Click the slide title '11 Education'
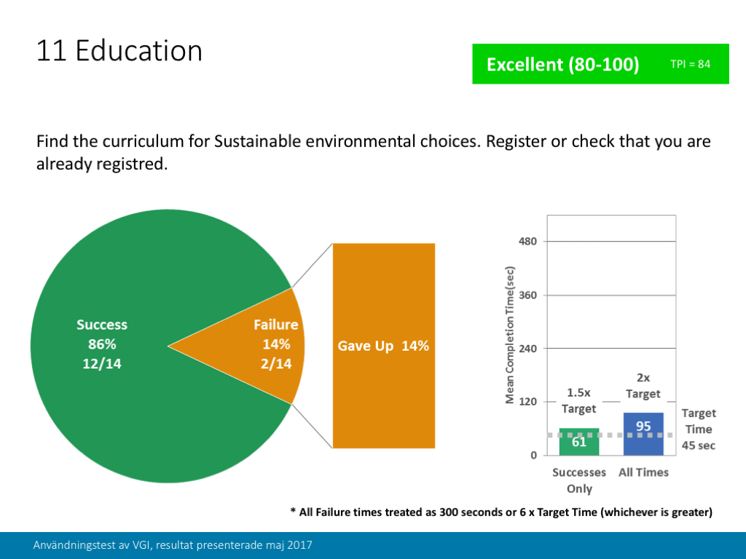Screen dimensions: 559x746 (x=119, y=51)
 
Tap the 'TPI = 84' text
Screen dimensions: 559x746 (x=690, y=64)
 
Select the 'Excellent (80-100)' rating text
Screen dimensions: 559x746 (x=562, y=64)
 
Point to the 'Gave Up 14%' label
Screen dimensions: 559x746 (x=383, y=346)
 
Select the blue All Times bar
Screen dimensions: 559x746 (x=643, y=434)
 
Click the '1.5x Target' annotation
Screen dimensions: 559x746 (x=579, y=400)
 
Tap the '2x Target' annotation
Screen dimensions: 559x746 (x=643, y=386)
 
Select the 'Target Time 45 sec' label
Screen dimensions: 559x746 (x=699, y=429)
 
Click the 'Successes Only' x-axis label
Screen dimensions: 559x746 (x=579, y=480)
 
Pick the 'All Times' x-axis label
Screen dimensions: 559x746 (x=643, y=472)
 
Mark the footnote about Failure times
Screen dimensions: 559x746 (x=500, y=512)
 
